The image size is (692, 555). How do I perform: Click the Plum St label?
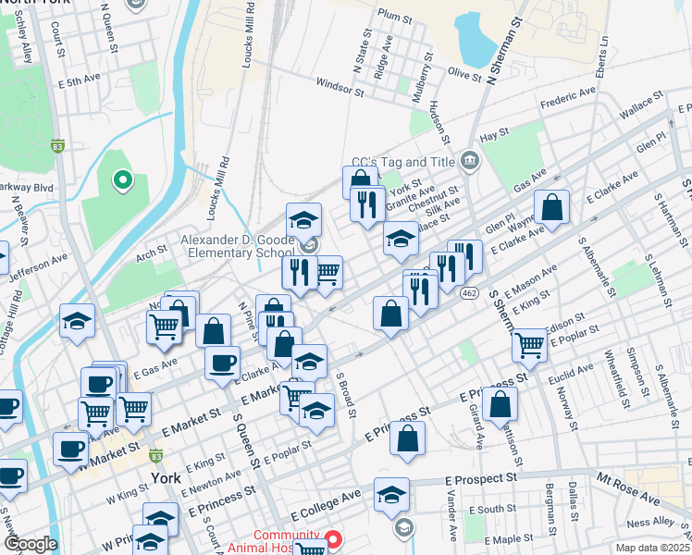pos(394,17)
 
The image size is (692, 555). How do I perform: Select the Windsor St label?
pos(338,89)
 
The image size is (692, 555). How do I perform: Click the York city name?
pos(165,478)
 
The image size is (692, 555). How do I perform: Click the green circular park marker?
pos(120,181)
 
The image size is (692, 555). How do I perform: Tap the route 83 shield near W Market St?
pos(156,456)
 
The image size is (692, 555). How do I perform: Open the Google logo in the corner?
pos(31,544)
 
